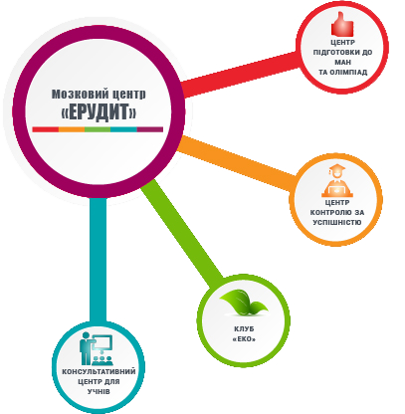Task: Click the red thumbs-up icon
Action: tap(342, 24)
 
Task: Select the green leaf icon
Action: tap(243, 303)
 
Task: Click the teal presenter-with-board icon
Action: tap(97, 349)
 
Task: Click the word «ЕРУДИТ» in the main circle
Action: tap(99, 111)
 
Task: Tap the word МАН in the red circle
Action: tap(342, 62)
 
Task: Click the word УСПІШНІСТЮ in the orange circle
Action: tap(337, 222)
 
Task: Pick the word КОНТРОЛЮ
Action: tap(327, 212)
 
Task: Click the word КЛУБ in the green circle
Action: tap(244, 329)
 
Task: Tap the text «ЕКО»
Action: tap(244, 339)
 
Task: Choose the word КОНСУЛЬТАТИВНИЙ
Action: tap(99, 371)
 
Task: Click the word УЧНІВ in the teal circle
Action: tap(99, 391)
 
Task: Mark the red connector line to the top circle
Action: tap(241, 74)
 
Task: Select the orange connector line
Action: tap(237, 163)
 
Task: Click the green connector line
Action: tap(181, 232)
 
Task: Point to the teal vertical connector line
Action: tap(99, 260)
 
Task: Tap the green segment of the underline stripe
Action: tap(98, 129)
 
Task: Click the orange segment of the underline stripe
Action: tap(72, 129)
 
